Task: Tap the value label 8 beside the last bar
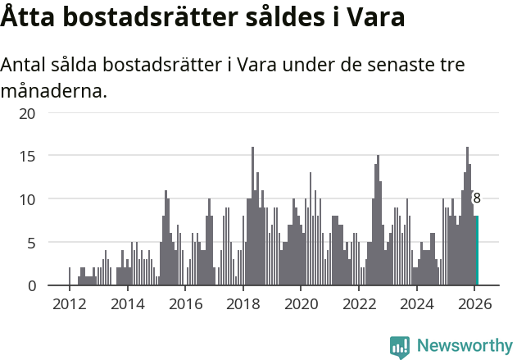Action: [477, 198]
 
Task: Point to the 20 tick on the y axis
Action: [27, 112]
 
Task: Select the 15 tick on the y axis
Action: [27, 156]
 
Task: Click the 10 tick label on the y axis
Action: [27, 199]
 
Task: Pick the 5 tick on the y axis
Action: [31, 243]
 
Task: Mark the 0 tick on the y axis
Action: [31, 285]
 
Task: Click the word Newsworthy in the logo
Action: [464, 346]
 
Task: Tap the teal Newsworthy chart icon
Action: [400, 347]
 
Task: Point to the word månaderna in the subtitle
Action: [54, 90]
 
